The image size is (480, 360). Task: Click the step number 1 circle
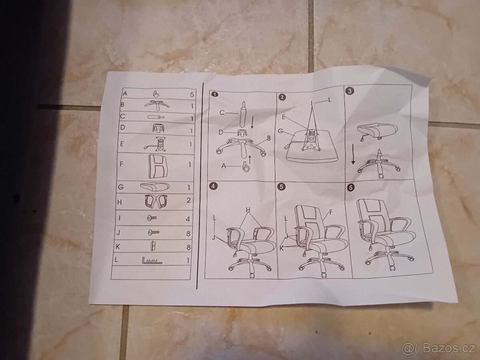pos(215,94)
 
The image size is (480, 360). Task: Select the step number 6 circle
pos(351,187)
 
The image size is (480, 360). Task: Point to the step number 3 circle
pos(350,91)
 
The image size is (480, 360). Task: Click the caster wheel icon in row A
pos(156,94)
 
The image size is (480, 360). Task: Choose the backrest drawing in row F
pos(157,166)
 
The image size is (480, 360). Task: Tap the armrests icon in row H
pos(156,201)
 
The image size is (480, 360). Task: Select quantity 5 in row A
pos(192,95)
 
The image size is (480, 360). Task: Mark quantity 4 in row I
pos(188,219)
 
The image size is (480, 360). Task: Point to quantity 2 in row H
pos(189,200)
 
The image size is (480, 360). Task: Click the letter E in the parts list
pos(122,144)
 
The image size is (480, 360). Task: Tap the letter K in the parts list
pos(118,247)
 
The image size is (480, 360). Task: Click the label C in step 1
pos(222,112)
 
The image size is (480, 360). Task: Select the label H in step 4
pos(248,210)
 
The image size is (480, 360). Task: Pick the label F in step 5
pos(331,212)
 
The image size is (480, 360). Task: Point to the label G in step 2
pos(280,131)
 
